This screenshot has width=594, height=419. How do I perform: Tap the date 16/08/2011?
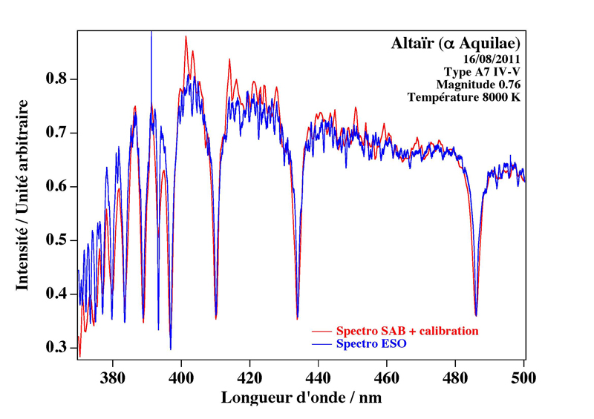[x=492, y=59]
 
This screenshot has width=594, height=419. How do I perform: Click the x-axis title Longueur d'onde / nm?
[x=301, y=397]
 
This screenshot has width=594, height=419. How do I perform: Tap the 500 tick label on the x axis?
[x=523, y=375]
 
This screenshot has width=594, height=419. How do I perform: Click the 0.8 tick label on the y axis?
[x=58, y=79]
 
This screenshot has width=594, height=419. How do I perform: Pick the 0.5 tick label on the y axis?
[x=58, y=241]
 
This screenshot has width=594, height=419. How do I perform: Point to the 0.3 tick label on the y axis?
[x=58, y=348]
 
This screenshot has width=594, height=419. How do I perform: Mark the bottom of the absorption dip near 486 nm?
[x=476, y=314]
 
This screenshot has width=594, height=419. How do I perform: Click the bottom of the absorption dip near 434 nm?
[x=297, y=318]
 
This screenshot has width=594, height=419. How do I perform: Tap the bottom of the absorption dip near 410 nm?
[x=215, y=318]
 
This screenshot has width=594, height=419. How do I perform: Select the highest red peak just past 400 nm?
[x=186, y=36]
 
